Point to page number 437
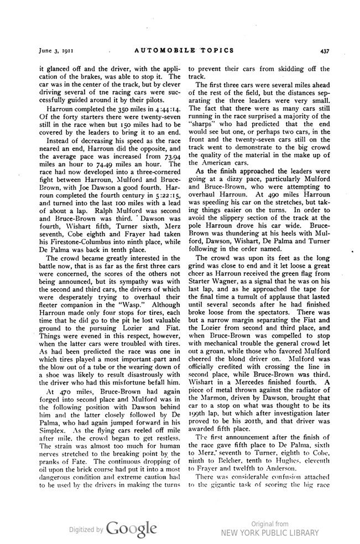(x=325, y=50)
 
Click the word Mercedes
(x=254, y=382)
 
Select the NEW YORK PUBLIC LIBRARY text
(x=270, y=533)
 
